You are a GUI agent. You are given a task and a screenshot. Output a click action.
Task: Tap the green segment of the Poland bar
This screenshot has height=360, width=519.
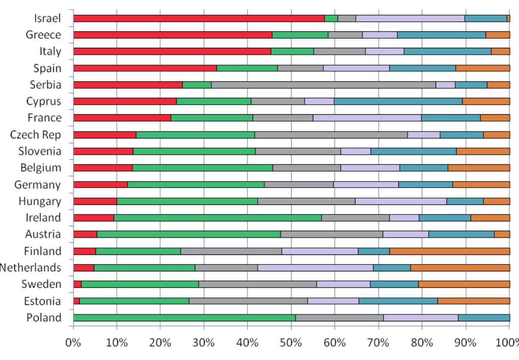tap(184, 317)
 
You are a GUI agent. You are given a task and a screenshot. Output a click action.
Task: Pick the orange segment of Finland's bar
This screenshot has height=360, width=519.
tap(449, 251)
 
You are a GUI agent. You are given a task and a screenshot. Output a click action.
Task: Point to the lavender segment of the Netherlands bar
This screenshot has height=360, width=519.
tap(315, 268)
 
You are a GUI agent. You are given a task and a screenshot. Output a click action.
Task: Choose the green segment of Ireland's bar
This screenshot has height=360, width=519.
tap(217, 218)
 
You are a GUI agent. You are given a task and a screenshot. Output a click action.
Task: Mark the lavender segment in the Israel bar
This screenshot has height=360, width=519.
tap(410, 18)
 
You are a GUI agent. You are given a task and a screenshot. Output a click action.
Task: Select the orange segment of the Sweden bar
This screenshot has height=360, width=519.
tap(464, 284)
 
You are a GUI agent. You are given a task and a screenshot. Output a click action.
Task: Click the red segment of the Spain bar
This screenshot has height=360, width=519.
tap(145, 68)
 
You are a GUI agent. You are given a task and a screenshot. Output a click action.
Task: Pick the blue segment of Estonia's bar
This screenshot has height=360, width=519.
tap(398, 301)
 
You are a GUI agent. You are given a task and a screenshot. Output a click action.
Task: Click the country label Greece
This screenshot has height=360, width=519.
tap(43, 35)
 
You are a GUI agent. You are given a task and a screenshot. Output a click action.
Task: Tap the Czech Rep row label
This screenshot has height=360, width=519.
tap(36, 135)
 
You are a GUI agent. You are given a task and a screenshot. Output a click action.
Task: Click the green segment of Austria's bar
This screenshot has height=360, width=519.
tap(188, 234)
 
